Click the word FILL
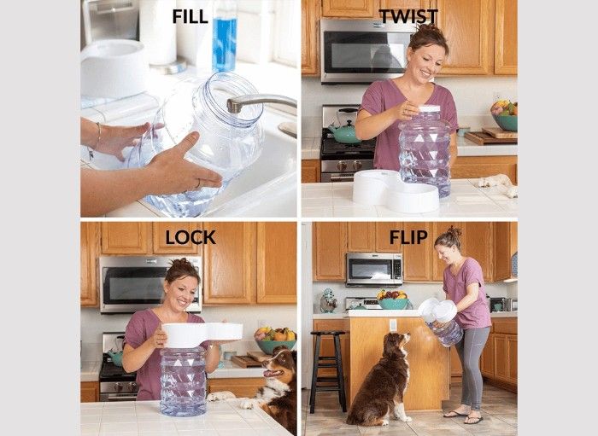point(190,16)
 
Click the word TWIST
point(408,17)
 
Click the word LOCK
point(191,237)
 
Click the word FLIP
point(408,237)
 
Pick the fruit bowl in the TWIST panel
point(504,116)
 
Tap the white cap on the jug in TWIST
point(430,109)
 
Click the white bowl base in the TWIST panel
point(396,191)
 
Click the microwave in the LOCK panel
point(150,284)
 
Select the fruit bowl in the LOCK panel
point(275,340)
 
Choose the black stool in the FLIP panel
point(328,372)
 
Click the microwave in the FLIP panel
point(374,270)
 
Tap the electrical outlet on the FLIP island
point(393,325)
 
